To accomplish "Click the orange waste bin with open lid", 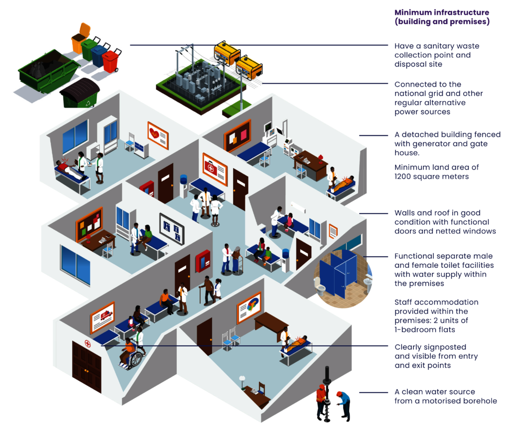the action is click(x=80, y=39).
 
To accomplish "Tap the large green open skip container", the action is click(x=49, y=72).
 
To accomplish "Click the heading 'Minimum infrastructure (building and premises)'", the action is click(x=442, y=17).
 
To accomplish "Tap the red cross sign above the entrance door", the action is click(x=88, y=343).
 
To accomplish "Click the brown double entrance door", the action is click(x=87, y=366).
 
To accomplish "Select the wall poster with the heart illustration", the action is click(x=158, y=135).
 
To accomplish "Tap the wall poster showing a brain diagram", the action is click(x=249, y=308).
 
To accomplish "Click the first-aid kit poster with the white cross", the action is click(x=215, y=169).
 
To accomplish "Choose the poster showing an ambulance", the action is click(x=103, y=318).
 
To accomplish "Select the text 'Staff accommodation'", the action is click(x=436, y=302).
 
